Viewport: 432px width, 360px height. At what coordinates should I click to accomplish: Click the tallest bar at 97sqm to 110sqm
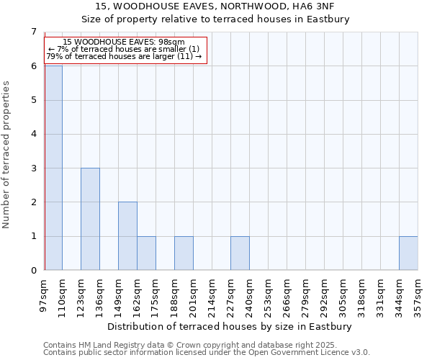[53, 168]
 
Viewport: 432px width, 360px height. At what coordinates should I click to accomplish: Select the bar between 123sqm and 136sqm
[90, 219]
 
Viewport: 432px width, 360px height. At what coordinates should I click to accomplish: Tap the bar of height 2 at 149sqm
[127, 236]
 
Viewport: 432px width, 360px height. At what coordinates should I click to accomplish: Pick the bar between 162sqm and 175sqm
[146, 253]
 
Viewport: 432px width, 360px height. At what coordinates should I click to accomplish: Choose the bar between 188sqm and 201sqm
[184, 253]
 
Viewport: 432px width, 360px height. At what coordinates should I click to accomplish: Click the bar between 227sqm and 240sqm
[240, 253]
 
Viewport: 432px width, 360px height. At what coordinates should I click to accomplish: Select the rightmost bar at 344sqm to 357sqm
[408, 253]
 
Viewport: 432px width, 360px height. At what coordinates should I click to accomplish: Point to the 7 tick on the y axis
[33, 32]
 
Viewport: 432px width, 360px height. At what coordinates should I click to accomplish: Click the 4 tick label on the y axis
[33, 134]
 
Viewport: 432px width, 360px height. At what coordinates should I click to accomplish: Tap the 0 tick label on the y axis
[33, 271]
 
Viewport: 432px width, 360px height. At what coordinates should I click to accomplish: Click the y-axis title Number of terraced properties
[7, 154]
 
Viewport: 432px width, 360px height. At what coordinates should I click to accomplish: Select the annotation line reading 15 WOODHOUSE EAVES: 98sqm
[124, 42]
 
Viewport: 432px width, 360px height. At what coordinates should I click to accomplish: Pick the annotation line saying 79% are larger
[124, 56]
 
